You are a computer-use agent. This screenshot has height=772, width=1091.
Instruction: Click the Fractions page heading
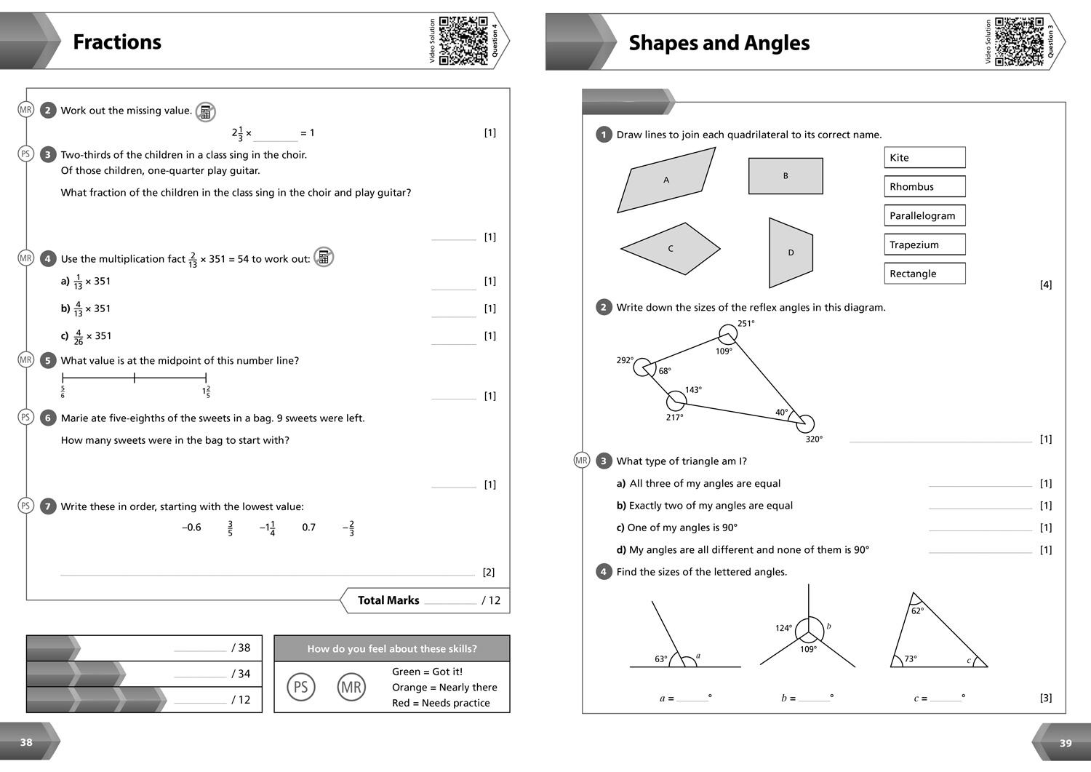pyautogui.click(x=117, y=41)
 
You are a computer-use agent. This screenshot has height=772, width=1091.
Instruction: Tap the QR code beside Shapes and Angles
pyautogui.click(x=1019, y=41)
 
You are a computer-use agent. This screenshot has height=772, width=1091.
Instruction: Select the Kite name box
pyautogui.click(x=924, y=157)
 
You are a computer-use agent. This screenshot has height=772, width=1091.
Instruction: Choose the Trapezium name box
pyautogui.click(x=924, y=244)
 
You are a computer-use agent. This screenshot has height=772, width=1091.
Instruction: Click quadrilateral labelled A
pyautogui.click(x=666, y=180)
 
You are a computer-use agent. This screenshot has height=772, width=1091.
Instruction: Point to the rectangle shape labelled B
pyautogui.click(x=786, y=176)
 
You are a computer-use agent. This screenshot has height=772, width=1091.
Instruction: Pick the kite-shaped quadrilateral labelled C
pyautogui.click(x=671, y=249)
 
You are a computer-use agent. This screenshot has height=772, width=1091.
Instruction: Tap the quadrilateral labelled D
pyautogui.click(x=791, y=252)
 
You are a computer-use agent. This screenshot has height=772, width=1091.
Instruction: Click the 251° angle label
pyautogui.click(x=746, y=324)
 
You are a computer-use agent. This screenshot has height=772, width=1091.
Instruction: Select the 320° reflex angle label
pyautogui.click(x=814, y=439)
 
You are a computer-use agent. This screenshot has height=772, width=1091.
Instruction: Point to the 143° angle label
pyautogui.click(x=693, y=390)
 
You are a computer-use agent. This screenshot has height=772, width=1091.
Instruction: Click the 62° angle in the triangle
pyautogui.click(x=917, y=611)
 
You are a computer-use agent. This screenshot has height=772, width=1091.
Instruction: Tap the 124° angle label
pyautogui.click(x=783, y=628)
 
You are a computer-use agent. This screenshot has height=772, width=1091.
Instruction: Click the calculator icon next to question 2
pyautogui.click(x=206, y=112)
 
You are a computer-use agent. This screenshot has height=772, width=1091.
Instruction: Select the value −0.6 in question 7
pyautogui.click(x=191, y=528)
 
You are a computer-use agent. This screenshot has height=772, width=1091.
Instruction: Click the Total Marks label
pyautogui.click(x=388, y=600)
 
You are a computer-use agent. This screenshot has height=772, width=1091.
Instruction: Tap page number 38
pyautogui.click(x=26, y=742)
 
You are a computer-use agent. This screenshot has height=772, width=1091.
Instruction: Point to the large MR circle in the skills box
pyautogui.click(x=351, y=687)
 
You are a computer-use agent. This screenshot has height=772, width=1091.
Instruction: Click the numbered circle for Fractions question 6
pyautogui.click(x=48, y=418)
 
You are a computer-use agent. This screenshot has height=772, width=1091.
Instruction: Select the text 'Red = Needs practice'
pyautogui.click(x=441, y=703)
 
